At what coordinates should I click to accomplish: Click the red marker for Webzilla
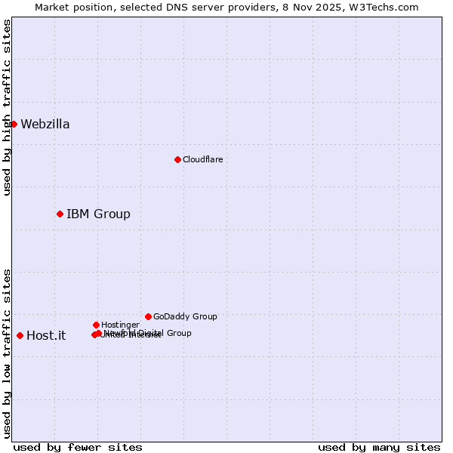(x=14, y=124)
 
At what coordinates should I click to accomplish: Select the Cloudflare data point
(x=177, y=159)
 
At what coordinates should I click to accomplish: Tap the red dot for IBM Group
(x=60, y=214)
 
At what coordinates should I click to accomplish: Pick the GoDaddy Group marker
(x=148, y=316)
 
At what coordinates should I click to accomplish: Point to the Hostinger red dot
(x=96, y=325)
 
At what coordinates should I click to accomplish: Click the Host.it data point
(x=20, y=335)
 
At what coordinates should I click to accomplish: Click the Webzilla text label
(x=45, y=125)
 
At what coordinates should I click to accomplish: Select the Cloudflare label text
(x=202, y=159)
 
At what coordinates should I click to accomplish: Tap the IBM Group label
(x=98, y=214)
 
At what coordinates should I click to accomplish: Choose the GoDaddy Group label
(x=185, y=316)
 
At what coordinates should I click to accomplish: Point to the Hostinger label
(x=120, y=325)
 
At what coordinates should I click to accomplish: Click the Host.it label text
(x=46, y=336)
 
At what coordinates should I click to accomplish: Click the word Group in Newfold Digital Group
(x=178, y=333)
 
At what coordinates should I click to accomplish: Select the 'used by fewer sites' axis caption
(x=78, y=447)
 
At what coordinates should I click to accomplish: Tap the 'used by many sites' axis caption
(x=379, y=447)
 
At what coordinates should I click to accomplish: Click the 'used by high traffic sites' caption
(x=8, y=107)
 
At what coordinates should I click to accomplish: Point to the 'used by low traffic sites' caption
(x=8, y=353)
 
